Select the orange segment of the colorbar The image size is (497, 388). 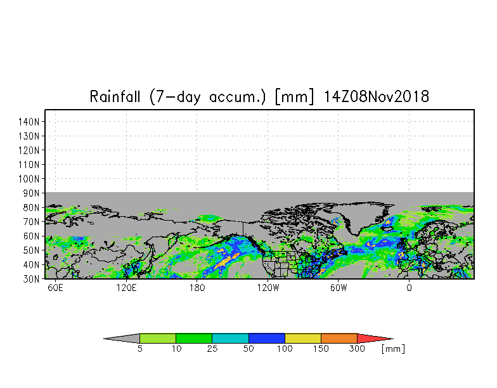[339, 339]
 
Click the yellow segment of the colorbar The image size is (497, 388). [303, 339]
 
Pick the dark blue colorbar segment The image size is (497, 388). [267, 339]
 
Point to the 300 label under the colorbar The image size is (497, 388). [358, 349]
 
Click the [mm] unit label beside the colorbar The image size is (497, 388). [393, 349]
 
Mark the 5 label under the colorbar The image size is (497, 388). [139, 349]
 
